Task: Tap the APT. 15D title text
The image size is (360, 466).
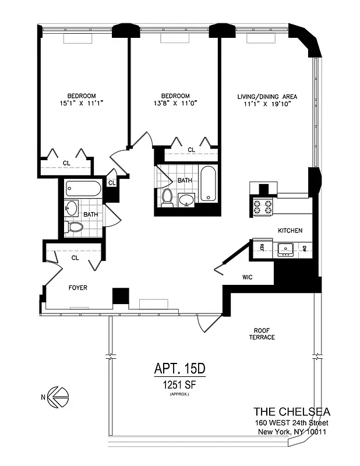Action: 180,368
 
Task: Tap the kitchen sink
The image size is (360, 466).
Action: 285,249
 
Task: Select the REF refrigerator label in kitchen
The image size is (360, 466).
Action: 262,249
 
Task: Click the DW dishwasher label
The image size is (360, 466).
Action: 304,249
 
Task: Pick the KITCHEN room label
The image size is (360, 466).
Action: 290,231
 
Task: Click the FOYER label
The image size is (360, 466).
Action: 77,288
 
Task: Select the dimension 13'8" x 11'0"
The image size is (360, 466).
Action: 175,103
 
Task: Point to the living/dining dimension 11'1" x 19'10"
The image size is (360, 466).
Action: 267,103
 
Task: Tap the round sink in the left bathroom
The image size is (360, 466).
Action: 73,207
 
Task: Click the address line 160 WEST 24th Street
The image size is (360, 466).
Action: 291,423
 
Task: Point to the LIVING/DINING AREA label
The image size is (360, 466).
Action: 267,96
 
